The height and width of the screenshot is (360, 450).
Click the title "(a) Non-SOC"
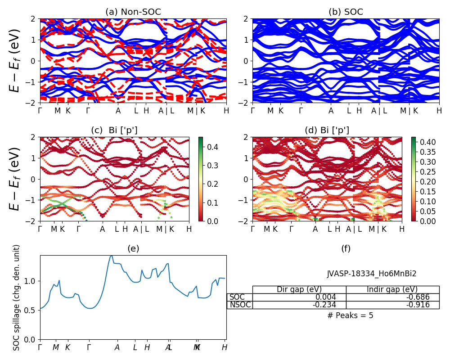pos(133,12)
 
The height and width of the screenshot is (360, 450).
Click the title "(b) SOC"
pos(346,12)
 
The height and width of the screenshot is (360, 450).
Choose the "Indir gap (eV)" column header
pos(392,289)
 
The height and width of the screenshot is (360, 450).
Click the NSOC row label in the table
pos(240,305)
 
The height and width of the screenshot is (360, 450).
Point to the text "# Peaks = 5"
pos(350,315)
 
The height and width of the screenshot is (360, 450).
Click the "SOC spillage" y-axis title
pos(17,297)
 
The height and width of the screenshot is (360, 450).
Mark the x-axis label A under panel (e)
pos(117,347)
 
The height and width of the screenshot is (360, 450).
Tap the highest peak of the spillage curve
pos(111,256)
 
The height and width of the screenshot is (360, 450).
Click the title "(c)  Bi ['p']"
pos(114,130)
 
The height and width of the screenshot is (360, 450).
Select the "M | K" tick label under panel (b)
pos(409,110)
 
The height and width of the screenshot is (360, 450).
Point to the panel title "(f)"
pos(346,248)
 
